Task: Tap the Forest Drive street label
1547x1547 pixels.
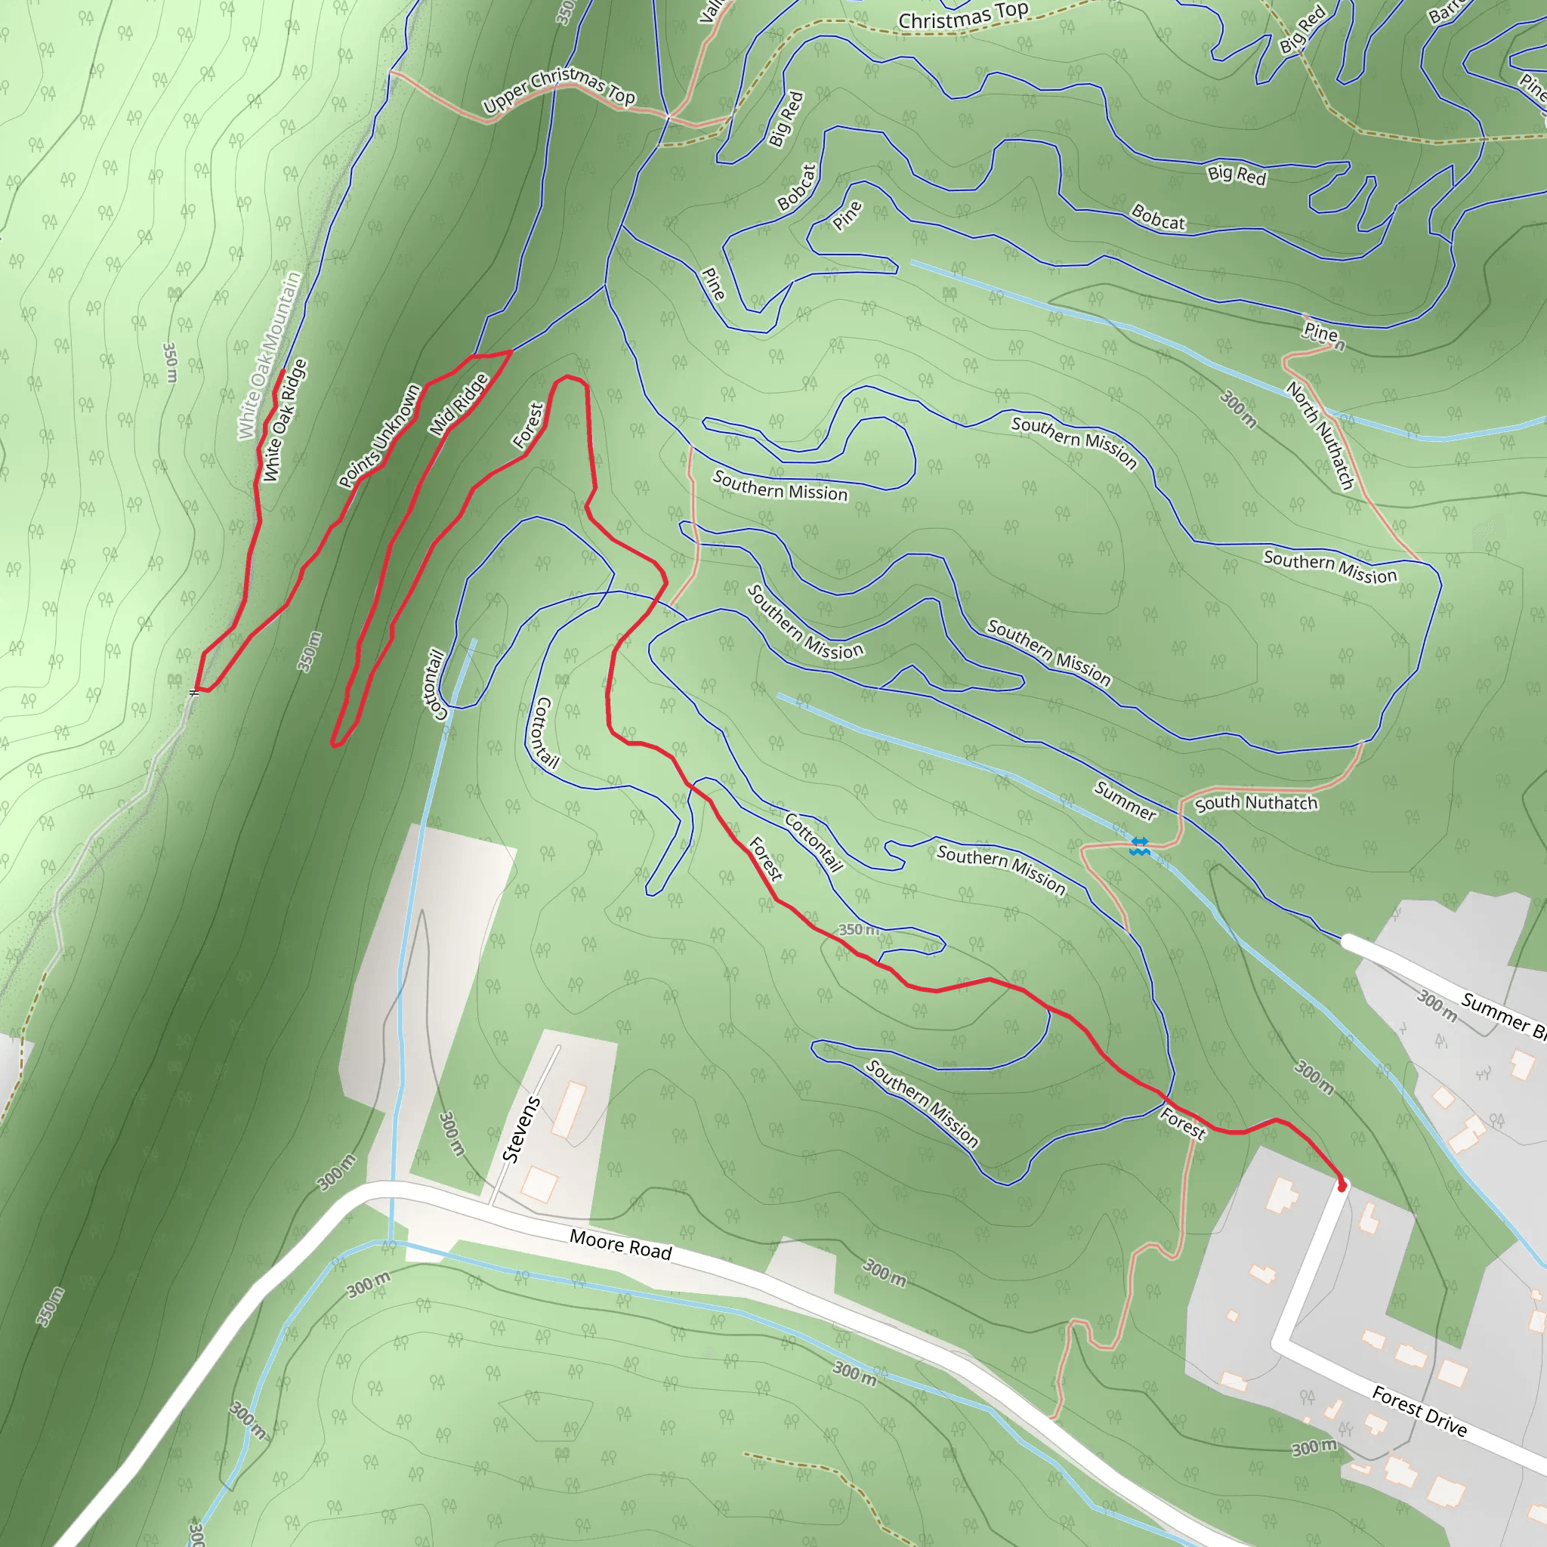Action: click(x=1419, y=1412)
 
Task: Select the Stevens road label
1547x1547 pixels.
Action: click(x=520, y=1129)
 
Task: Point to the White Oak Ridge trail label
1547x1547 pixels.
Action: click(x=284, y=421)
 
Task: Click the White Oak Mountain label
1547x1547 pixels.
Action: click(x=269, y=357)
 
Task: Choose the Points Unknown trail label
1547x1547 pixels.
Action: click(x=378, y=437)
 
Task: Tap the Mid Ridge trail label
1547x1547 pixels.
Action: click(x=458, y=405)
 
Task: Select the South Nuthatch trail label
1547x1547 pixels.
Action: click(x=1255, y=803)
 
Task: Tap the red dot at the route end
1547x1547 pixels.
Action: click(x=1342, y=1187)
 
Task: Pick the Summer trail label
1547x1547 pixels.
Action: click(x=1125, y=801)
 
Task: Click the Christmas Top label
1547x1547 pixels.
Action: click(x=962, y=16)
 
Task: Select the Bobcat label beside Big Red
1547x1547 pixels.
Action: click(x=797, y=187)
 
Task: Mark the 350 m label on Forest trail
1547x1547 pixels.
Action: click(x=858, y=930)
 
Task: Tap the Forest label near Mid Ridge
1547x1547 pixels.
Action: click(x=529, y=425)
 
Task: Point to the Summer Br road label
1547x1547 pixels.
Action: click(x=1502, y=1015)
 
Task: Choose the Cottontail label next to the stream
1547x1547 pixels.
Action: click(x=433, y=684)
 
